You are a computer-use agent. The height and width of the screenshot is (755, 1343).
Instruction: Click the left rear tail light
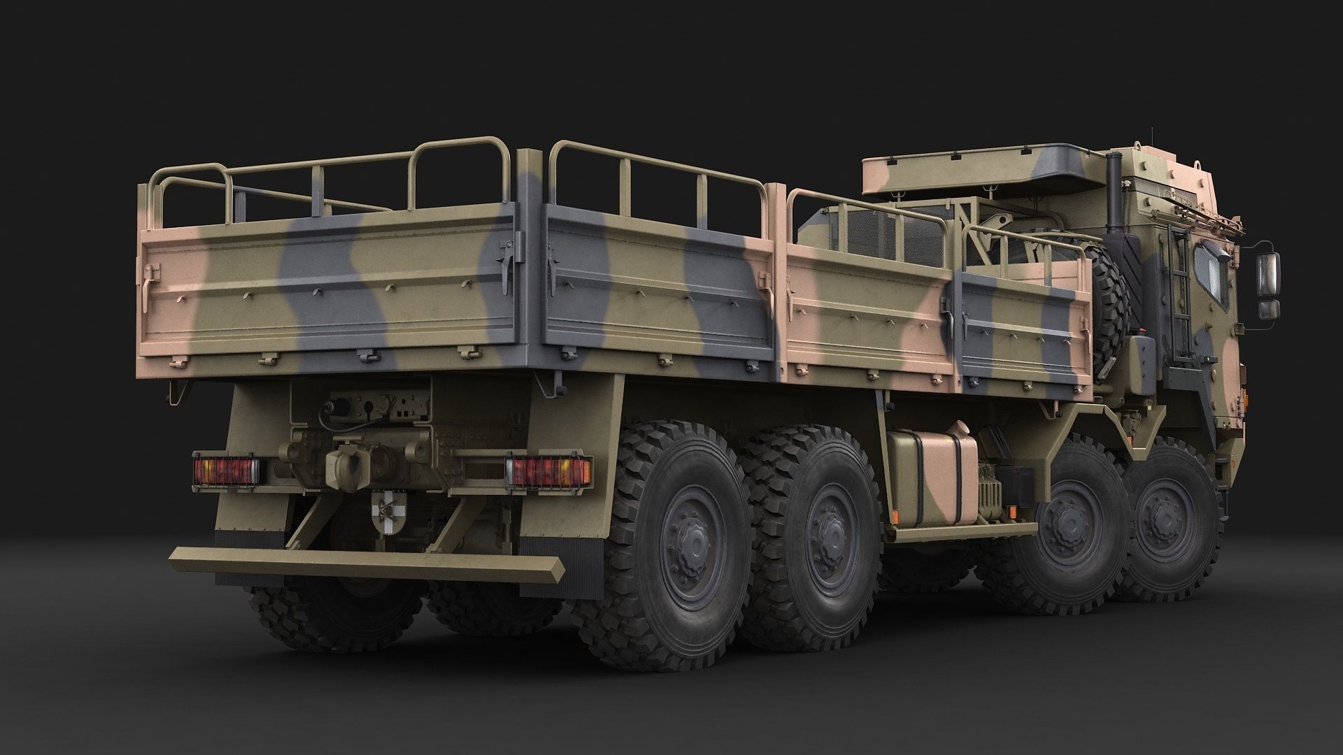pos(225,469)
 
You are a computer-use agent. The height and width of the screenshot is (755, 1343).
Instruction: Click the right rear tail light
pos(548,470)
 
